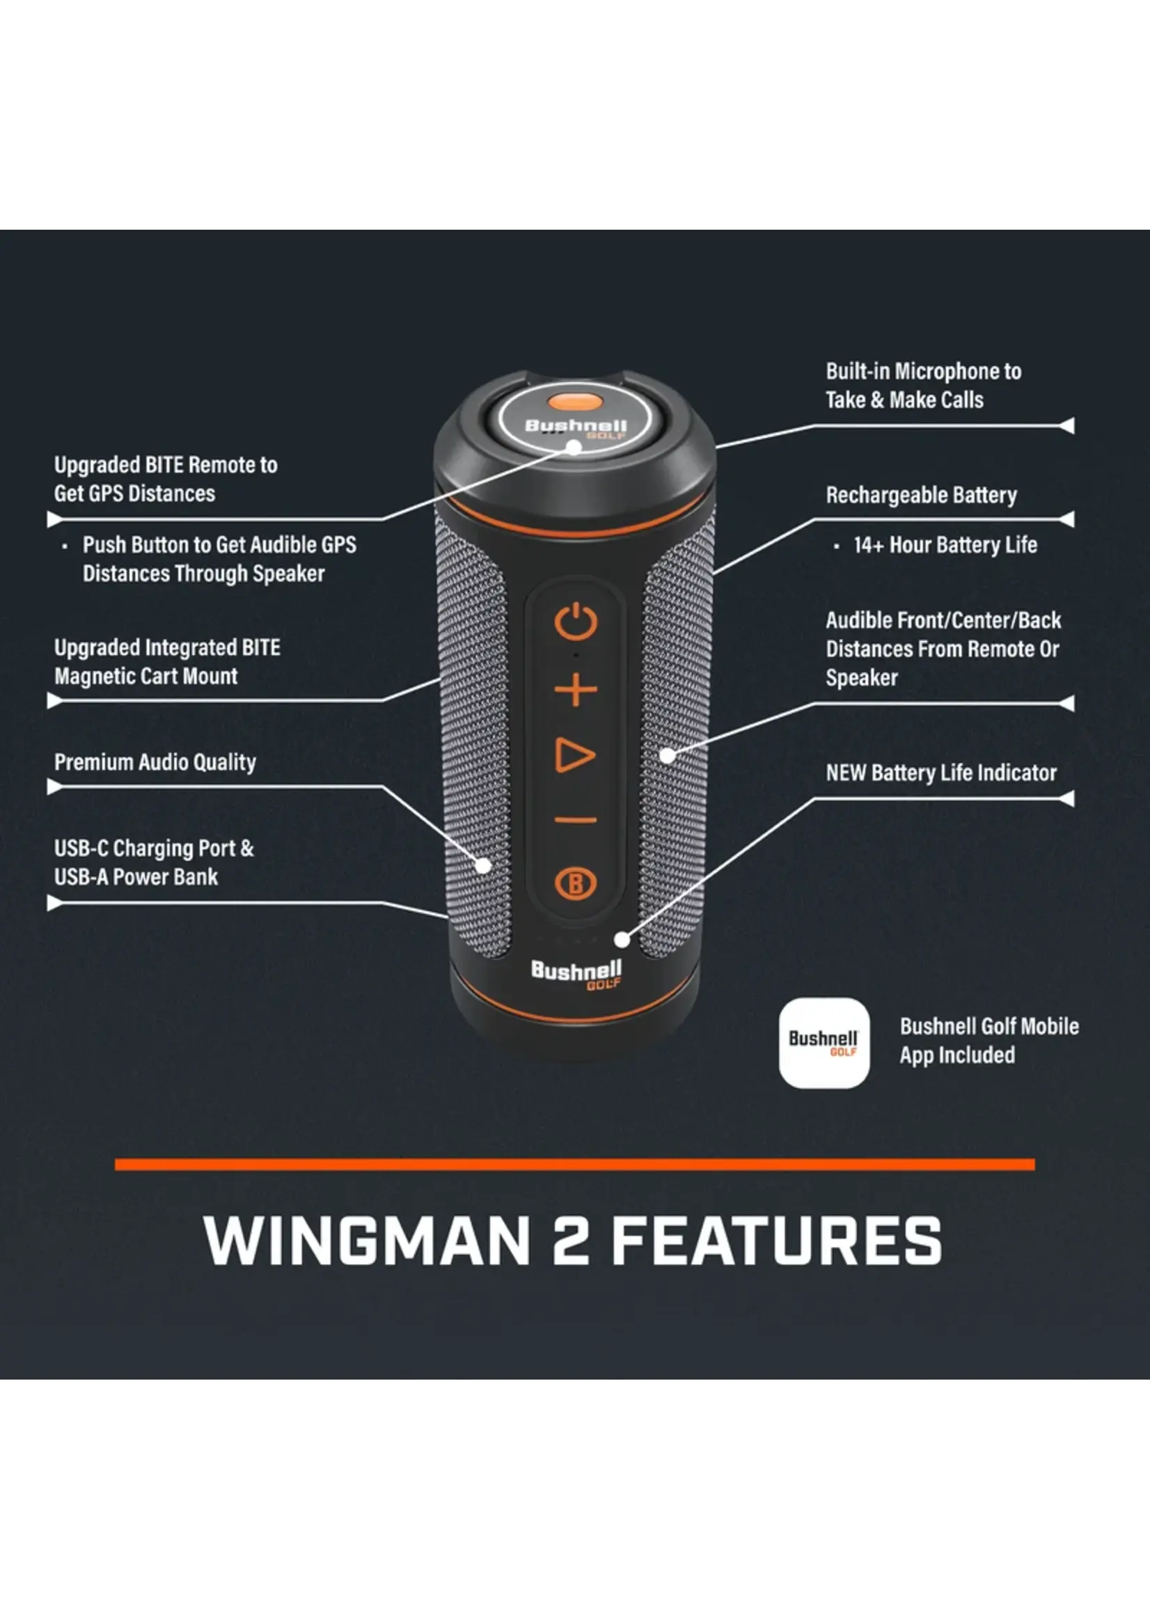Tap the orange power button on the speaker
point(576,622)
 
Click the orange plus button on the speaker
point(575,690)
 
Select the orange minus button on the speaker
point(576,821)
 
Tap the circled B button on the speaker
point(576,883)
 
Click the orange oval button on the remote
point(575,402)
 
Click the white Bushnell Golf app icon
point(824,1043)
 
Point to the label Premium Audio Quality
point(155,761)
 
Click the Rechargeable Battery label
point(921,495)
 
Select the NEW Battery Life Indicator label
point(941,773)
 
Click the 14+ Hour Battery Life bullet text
point(945,544)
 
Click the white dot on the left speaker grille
point(484,865)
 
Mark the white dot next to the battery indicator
point(622,940)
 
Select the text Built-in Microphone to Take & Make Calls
point(923,385)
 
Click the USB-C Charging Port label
point(154,848)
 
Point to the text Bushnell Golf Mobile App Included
point(989,1040)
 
